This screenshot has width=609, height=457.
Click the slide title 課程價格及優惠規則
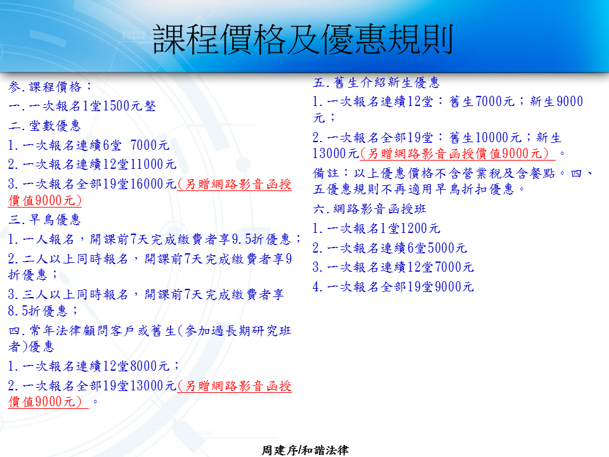pyautogui.click(x=303, y=39)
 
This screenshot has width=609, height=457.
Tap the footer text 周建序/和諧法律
pyautogui.click(x=305, y=450)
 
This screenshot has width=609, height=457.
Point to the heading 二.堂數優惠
pyautogui.click(x=44, y=126)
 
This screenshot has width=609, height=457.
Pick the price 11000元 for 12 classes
pyautogui.click(x=153, y=164)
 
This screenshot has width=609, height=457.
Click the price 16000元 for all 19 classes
pyautogui.click(x=153, y=184)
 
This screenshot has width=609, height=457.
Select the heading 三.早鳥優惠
pyautogui.click(x=44, y=220)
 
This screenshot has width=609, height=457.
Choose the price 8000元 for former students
pyautogui.click(x=150, y=366)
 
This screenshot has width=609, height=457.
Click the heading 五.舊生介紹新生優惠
pyautogui.click(x=376, y=83)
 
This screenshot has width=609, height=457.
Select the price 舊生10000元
pyautogui.click(x=485, y=138)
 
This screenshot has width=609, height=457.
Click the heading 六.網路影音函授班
pyautogui.click(x=369, y=209)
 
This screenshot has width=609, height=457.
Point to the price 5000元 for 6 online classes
pyautogui.click(x=447, y=248)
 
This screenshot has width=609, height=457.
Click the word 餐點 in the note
pyautogui.click(x=542, y=173)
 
